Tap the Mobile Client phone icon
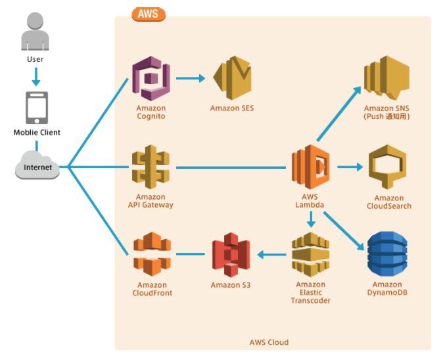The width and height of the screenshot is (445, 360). tap(36, 107)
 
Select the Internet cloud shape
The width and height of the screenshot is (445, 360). tap(37, 166)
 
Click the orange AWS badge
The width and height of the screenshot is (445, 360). tap(149, 13)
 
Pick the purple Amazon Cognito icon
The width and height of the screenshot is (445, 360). tap(151, 78)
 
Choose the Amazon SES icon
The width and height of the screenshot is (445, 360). tap(232, 78)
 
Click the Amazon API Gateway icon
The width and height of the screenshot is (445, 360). tap(151, 168)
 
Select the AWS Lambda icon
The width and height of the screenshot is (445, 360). tap(311, 168)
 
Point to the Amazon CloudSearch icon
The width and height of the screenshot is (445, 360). tap(388, 168)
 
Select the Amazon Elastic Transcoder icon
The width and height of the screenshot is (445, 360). tap(310, 254)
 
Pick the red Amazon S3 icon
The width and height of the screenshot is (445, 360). tap(231, 254)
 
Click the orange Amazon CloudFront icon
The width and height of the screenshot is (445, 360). tap(152, 254)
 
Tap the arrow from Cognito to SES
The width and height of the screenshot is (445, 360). tap(191, 79)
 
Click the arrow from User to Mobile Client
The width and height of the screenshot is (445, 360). tap(36, 78)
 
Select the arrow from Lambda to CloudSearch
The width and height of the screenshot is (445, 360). tap(350, 168)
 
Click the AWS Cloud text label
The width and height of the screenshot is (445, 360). tap(268, 342)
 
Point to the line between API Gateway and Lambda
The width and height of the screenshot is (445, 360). tap(230, 168)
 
